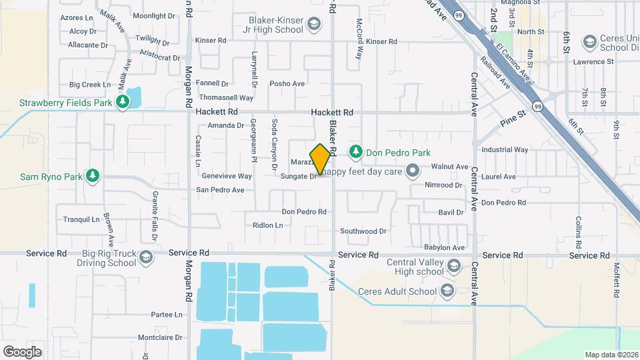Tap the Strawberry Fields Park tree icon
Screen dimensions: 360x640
[122, 102]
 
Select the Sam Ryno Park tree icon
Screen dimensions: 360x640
[93, 176]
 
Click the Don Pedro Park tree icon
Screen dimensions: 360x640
[356, 151]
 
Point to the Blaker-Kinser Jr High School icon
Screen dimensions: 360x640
[313, 26]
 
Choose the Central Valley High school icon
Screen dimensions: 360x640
[454, 267]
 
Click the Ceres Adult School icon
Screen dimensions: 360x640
[446, 291]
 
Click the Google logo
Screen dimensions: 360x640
[22, 351]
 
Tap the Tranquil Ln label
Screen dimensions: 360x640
[81, 219]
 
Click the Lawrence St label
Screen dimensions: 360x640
[593, 62]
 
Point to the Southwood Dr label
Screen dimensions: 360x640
[363, 231]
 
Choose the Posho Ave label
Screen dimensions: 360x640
[287, 84]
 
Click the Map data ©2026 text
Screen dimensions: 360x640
[611, 354]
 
